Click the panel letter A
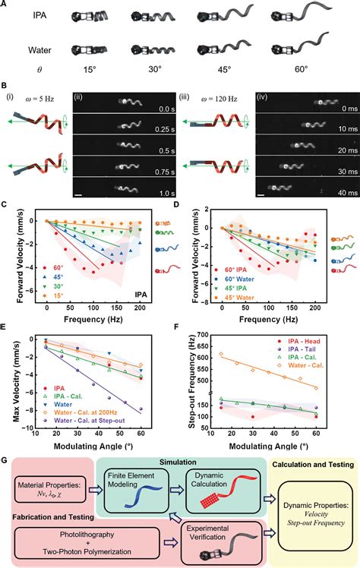click(5, 5)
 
